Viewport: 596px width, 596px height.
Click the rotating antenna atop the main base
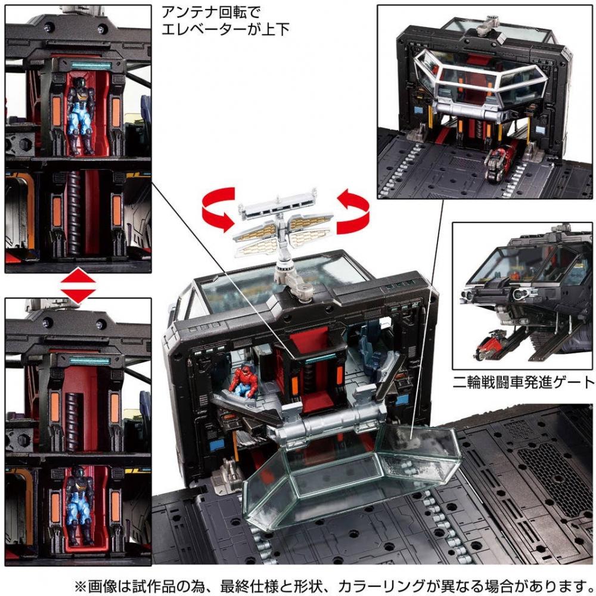click(x=283, y=232)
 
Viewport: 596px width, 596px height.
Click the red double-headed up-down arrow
click(x=78, y=285)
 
